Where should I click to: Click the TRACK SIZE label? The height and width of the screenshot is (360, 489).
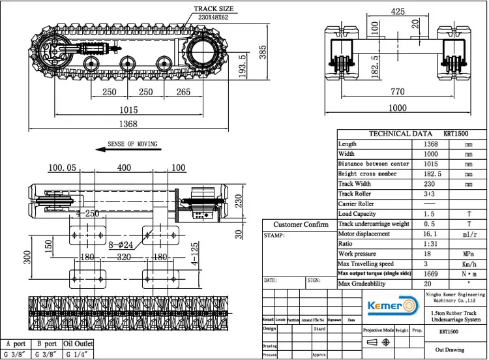pyautogui.click(x=213, y=9)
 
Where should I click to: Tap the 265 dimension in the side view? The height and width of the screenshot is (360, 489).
pyautogui.click(x=184, y=92)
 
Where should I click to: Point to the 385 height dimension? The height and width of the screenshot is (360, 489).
pyautogui.click(x=263, y=51)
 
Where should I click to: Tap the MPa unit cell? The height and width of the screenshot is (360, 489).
pyautogui.click(x=468, y=254)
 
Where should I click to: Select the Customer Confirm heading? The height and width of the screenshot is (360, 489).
pyautogui.click(x=301, y=224)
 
